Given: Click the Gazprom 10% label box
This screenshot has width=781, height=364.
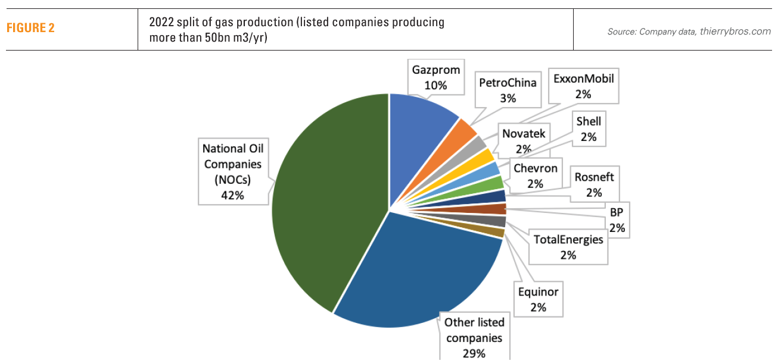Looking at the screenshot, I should [x=436, y=77].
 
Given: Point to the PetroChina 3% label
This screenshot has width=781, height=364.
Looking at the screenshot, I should [x=508, y=90].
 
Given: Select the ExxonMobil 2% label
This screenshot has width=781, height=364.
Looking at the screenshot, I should [x=583, y=86].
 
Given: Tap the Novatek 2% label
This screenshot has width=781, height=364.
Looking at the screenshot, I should [x=523, y=141].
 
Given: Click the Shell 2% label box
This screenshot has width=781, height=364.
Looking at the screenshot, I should [x=589, y=129].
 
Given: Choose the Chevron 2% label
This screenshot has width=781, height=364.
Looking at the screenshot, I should [x=535, y=176].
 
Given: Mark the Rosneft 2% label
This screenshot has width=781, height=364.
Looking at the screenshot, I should [x=594, y=184].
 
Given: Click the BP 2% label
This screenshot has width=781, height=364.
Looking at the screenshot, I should [x=617, y=219].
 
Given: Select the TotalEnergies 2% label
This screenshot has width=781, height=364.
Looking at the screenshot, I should [x=568, y=247].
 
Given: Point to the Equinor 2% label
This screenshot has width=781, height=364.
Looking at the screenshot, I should [x=539, y=299].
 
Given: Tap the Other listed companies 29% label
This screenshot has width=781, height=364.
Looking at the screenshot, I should [x=474, y=338].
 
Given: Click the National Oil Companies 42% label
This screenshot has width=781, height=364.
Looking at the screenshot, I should [x=232, y=171].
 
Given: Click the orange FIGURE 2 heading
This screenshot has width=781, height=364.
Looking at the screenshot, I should [x=30, y=28].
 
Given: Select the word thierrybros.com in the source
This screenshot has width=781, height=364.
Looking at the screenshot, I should [x=735, y=32].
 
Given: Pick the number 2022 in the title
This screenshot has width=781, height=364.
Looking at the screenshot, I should [x=162, y=22].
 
